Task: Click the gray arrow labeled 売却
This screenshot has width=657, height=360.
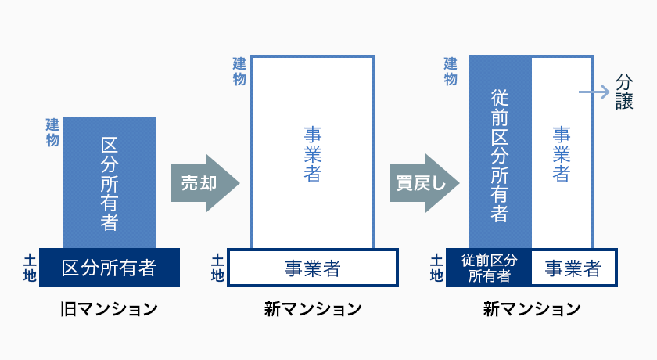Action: (205, 183)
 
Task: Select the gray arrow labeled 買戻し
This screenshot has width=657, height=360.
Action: (424, 183)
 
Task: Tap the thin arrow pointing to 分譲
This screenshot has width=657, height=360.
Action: (594, 92)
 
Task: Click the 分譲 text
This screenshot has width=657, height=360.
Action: (624, 92)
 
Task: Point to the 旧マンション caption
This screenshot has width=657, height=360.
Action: (109, 309)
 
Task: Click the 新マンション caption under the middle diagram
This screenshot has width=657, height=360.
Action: (313, 309)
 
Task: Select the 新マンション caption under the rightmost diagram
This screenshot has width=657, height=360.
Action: (532, 309)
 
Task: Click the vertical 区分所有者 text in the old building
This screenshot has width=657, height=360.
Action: (109, 184)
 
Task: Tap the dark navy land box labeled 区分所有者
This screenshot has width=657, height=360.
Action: (109, 268)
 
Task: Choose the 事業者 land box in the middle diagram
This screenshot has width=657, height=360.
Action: (313, 268)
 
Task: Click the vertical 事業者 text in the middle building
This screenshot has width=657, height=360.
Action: (313, 155)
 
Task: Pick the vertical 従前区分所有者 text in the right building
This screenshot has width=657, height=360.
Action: (500, 156)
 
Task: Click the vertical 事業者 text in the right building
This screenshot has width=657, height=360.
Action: (562, 155)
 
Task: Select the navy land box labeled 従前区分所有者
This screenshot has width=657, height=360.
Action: (489, 268)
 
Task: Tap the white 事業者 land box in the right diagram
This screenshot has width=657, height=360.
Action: (574, 268)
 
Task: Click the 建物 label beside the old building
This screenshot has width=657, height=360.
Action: (52, 132)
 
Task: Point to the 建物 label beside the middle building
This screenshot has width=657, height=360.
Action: (239, 72)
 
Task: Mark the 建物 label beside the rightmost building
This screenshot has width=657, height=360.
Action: (451, 72)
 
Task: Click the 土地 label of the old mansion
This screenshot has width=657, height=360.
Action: (30, 268)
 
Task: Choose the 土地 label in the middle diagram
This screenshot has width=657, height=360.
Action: (217, 268)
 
